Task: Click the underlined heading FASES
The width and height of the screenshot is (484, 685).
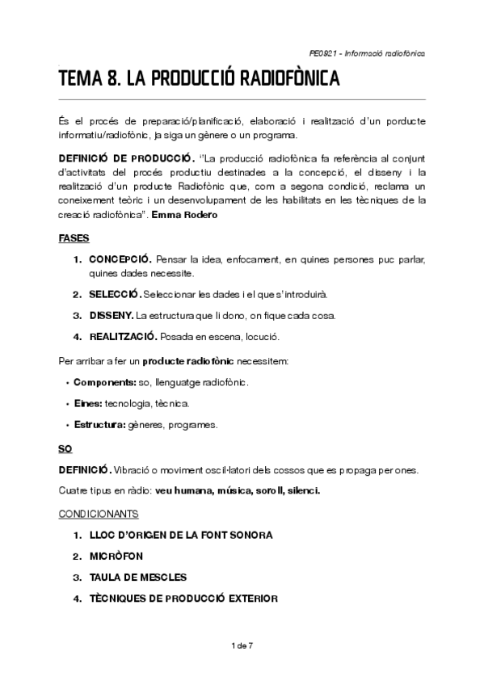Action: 74,238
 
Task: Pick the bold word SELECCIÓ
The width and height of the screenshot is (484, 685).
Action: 116,295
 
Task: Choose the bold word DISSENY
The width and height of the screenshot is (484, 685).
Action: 112,315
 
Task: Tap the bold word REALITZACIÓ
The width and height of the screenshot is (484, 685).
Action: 123,335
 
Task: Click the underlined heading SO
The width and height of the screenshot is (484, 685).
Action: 65,448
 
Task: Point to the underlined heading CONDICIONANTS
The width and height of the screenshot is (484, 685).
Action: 99,513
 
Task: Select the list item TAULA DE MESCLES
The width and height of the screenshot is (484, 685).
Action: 138,577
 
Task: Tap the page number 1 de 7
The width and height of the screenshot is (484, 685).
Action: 242,645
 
